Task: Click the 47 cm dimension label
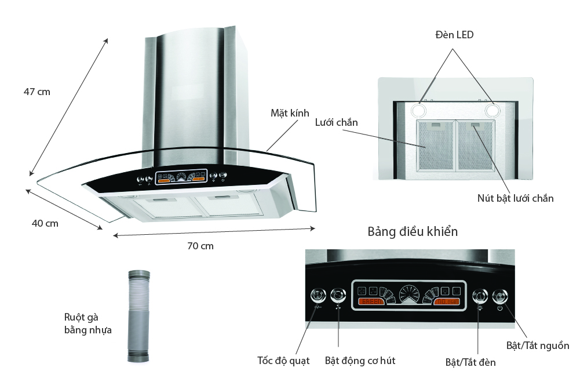click(x=37, y=92)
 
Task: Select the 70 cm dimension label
click(x=200, y=246)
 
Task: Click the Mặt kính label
click(x=290, y=112)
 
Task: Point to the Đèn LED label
click(x=454, y=35)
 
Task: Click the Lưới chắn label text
click(x=337, y=122)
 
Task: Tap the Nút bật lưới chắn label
click(x=512, y=198)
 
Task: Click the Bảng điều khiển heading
click(x=413, y=232)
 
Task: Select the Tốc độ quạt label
click(x=283, y=361)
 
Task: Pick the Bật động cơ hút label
click(x=360, y=361)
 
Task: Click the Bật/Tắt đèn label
click(x=470, y=362)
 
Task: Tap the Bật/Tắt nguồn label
click(x=537, y=346)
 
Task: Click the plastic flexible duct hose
click(x=139, y=316)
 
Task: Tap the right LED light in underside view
click(x=493, y=110)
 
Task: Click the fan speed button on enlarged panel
click(x=318, y=295)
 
